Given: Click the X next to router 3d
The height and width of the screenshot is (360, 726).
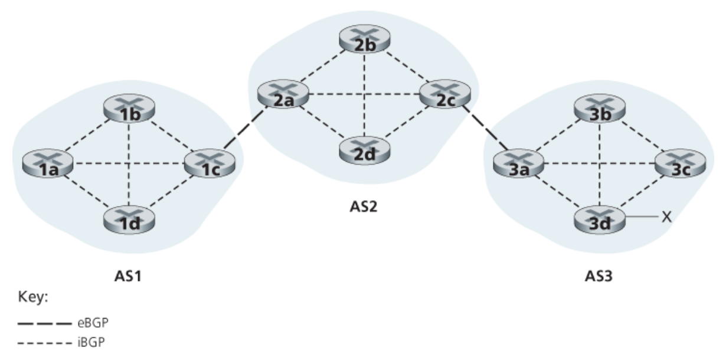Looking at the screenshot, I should (666, 217).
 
